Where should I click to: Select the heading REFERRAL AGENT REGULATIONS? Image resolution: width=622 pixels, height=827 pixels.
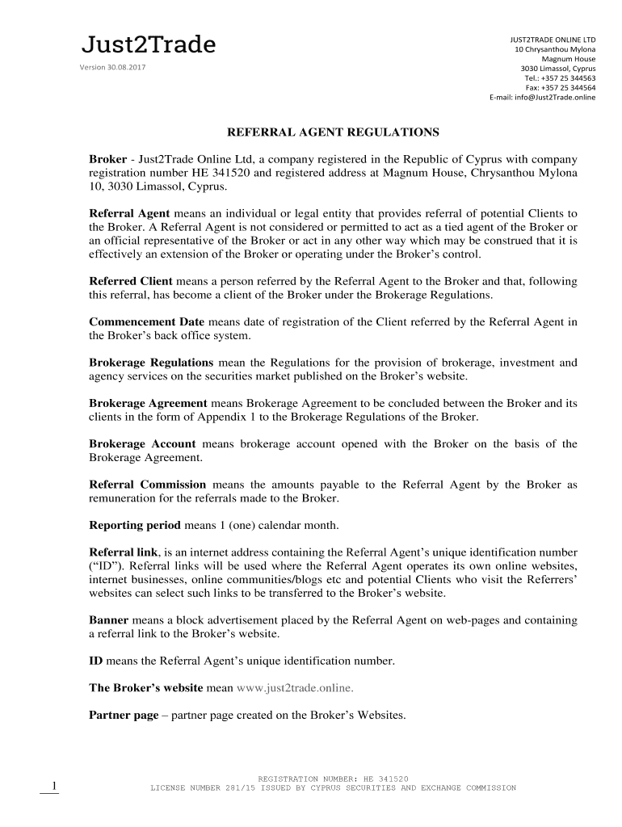pyautogui.click(x=333, y=131)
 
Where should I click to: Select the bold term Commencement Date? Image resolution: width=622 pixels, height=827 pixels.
pyautogui.click(x=146, y=321)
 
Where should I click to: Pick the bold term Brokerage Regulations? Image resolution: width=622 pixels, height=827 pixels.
pyautogui.click(x=151, y=363)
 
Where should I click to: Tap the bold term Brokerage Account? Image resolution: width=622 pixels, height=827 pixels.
pyautogui.click(x=142, y=443)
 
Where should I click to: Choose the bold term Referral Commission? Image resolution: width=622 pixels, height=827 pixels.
pyautogui.click(x=148, y=485)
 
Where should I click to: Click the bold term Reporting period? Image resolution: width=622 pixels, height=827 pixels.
pyautogui.click(x=135, y=525)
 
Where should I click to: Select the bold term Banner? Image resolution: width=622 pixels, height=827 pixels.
pyautogui.click(x=108, y=619)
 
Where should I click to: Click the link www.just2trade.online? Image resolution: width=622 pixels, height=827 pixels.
pyautogui.click(x=296, y=688)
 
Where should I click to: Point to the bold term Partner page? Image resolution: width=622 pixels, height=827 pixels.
pyautogui.click(x=124, y=716)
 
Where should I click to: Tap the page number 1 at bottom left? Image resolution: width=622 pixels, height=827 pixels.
pyautogui.click(x=53, y=786)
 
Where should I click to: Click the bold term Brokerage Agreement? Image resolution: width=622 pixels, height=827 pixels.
pyautogui.click(x=148, y=403)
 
